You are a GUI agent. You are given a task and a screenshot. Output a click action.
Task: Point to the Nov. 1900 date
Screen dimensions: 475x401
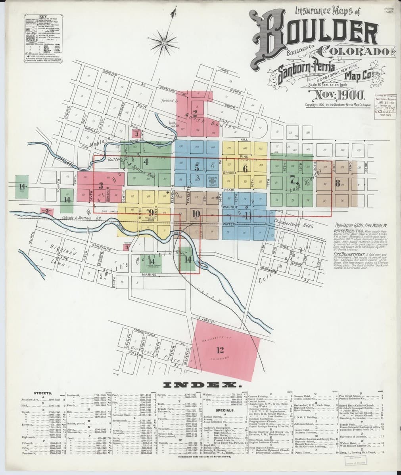[x=337, y=95]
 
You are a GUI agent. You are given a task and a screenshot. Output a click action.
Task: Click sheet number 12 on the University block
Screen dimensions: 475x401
[x=220, y=350]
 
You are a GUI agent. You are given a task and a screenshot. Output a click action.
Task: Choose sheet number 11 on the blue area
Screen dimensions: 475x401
[x=248, y=216]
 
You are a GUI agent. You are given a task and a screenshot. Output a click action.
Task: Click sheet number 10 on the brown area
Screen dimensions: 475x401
[x=196, y=214]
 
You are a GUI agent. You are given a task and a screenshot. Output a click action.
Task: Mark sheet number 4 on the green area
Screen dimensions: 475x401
[x=146, y=161]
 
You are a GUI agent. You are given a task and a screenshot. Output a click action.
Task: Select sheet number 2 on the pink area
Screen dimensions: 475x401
[x=195, y=112]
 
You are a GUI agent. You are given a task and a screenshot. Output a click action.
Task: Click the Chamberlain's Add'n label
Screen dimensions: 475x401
[x=294, y=224]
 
